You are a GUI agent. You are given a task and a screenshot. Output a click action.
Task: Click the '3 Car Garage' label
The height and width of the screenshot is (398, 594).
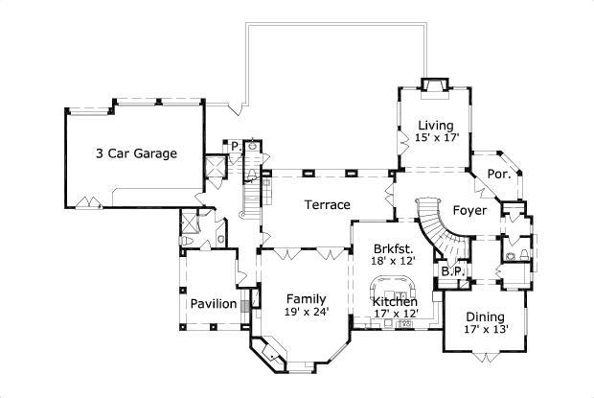click(135, 153)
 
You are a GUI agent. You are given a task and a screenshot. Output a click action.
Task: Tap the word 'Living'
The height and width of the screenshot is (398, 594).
click(436, 125)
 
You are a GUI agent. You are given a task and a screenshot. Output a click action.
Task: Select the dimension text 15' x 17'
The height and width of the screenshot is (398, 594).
click(437, 138)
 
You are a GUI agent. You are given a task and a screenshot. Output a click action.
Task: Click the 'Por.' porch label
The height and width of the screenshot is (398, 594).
click(498, 174)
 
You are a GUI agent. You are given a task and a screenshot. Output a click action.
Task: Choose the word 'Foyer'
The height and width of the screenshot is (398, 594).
click(469, 210)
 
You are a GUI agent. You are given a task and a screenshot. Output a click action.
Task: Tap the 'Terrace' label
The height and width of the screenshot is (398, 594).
click(327, 205)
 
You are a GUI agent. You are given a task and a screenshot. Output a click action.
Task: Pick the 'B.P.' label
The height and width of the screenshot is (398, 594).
click(452, 271)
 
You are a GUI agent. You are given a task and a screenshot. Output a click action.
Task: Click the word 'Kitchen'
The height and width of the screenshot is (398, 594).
click(395, 301)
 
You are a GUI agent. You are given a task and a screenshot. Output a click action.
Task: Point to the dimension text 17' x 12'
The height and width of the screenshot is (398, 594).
click(395, 314)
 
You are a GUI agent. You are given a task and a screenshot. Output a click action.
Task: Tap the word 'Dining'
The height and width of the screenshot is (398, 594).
click(485, 316)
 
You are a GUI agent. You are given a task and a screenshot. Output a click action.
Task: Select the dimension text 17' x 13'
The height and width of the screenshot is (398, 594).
click(485, 330)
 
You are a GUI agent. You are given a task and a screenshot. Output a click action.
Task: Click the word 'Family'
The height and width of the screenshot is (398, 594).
click(306, 298)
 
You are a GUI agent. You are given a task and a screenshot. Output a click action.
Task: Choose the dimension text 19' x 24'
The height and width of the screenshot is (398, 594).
click(306, 312)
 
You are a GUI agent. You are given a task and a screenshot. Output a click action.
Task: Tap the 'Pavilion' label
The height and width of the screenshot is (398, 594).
click(213, 304)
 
